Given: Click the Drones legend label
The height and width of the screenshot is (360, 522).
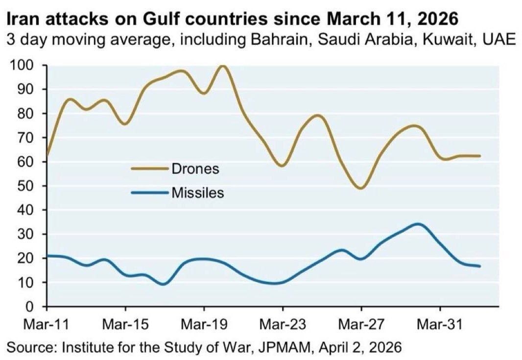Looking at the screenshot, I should (x=195, y=169).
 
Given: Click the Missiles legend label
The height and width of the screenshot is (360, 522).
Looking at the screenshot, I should (x=197, y=193).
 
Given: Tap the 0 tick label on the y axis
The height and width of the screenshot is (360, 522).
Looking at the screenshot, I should (x=35, y=307).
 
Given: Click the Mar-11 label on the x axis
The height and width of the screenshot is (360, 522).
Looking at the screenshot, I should (x=47, y=325).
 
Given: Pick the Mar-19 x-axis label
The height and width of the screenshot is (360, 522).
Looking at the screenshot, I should (x=204, y=325).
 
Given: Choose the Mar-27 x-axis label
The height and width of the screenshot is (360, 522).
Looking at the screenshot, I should (x=361, y=325).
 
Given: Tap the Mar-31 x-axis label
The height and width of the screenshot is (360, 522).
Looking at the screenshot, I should (x=440, y=325).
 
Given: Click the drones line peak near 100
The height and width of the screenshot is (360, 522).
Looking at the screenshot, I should (x=223, y=66).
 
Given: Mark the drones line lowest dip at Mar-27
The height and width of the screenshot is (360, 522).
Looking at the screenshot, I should (x=361, y=188).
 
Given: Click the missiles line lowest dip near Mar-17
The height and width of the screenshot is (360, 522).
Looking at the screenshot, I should (x=164, y=284).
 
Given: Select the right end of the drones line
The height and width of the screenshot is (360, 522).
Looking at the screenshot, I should (x=479, y=156).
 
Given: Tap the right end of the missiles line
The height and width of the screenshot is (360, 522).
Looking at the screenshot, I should (x=479, y=266).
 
